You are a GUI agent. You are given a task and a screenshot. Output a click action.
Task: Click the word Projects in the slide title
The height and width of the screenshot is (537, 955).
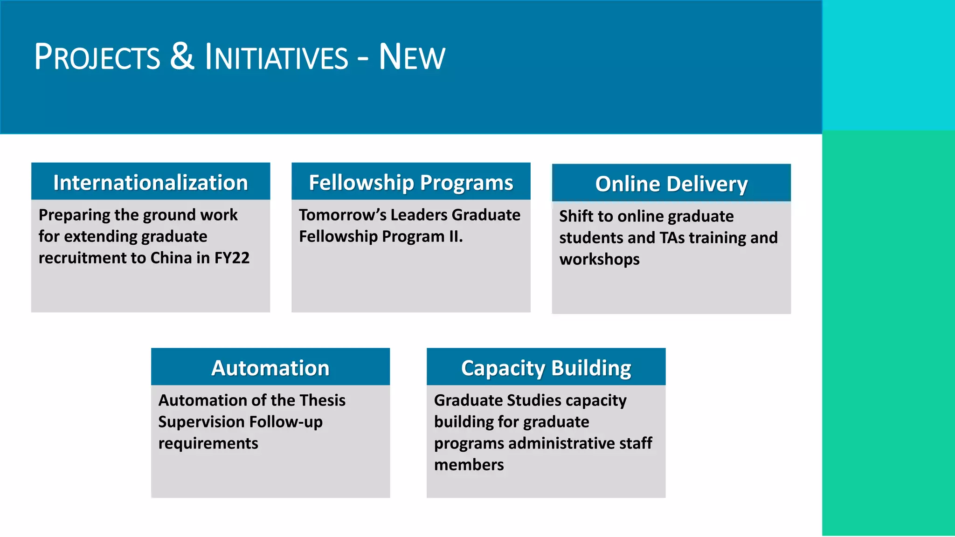(97, 57)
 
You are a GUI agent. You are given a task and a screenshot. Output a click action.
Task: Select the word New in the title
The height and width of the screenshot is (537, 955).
(412, 57)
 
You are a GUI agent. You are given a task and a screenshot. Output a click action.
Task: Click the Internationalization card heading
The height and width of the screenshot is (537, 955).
(150, 182)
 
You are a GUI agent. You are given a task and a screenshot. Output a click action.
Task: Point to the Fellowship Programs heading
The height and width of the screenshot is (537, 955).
(411, 182)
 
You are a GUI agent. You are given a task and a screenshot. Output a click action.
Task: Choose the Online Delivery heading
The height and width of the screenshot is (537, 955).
(671, 184)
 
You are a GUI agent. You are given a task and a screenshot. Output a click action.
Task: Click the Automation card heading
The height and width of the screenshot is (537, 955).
(270, 368)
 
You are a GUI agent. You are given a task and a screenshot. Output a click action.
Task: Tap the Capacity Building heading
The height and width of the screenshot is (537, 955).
(546, 368)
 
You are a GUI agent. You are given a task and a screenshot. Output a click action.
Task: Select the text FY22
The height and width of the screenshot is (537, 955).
(232, 258)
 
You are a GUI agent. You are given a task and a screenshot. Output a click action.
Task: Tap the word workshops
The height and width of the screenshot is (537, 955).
(599, 259)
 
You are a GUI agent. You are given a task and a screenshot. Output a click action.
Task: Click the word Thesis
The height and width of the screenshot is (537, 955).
(322, 400)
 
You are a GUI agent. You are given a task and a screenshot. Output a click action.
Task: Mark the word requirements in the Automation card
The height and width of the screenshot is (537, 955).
(208, 443)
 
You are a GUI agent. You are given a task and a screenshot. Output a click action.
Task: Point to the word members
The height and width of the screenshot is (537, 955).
(469, 465)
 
